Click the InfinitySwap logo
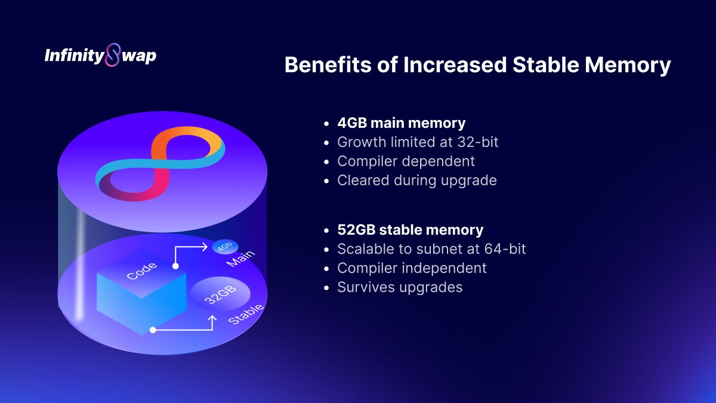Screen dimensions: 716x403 tap(100, 55)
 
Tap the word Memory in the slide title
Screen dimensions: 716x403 tap(628, 66)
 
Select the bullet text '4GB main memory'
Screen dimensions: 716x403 tap(402, 123)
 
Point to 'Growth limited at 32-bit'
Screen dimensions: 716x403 tap(418, 142)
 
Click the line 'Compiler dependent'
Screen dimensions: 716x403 tap(406, 161)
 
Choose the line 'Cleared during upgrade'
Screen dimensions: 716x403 tap(417, 180)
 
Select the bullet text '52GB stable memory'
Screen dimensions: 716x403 tap(411, 230)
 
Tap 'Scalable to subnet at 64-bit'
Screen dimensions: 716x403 tap(431, 249)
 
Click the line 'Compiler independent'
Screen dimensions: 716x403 tap(412, 268)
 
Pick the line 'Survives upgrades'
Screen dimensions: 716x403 tap(400, 287)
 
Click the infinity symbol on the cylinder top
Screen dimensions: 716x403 tap(160, 163)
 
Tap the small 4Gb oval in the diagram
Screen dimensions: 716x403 tap(226, 247)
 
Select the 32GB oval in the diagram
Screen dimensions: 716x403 tap(221, 294)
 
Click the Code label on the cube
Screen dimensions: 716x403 tap(141, 271)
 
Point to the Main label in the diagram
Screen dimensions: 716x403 tap(240, 259)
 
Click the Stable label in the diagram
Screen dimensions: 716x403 tap(246, 314)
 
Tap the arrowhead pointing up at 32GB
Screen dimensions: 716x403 tap(212, 319)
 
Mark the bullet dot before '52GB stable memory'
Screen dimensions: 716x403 tap(326, 230)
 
